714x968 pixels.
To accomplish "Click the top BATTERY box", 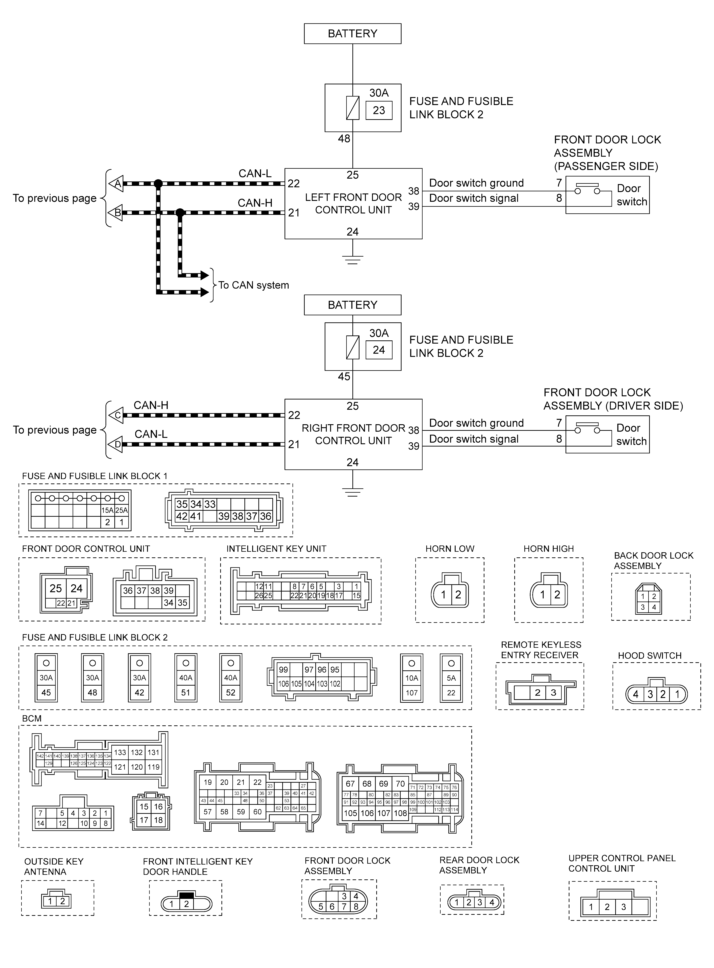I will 352,34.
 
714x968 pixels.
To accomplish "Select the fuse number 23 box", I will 379,110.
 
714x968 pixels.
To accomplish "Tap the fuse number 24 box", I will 379,350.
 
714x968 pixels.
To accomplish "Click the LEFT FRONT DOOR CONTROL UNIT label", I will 353,204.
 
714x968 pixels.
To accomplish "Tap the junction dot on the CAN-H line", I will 180,212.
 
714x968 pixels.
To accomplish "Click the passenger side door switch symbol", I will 587,191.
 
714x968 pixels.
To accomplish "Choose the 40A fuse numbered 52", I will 231,677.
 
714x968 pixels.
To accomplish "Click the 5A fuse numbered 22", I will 451,677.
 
